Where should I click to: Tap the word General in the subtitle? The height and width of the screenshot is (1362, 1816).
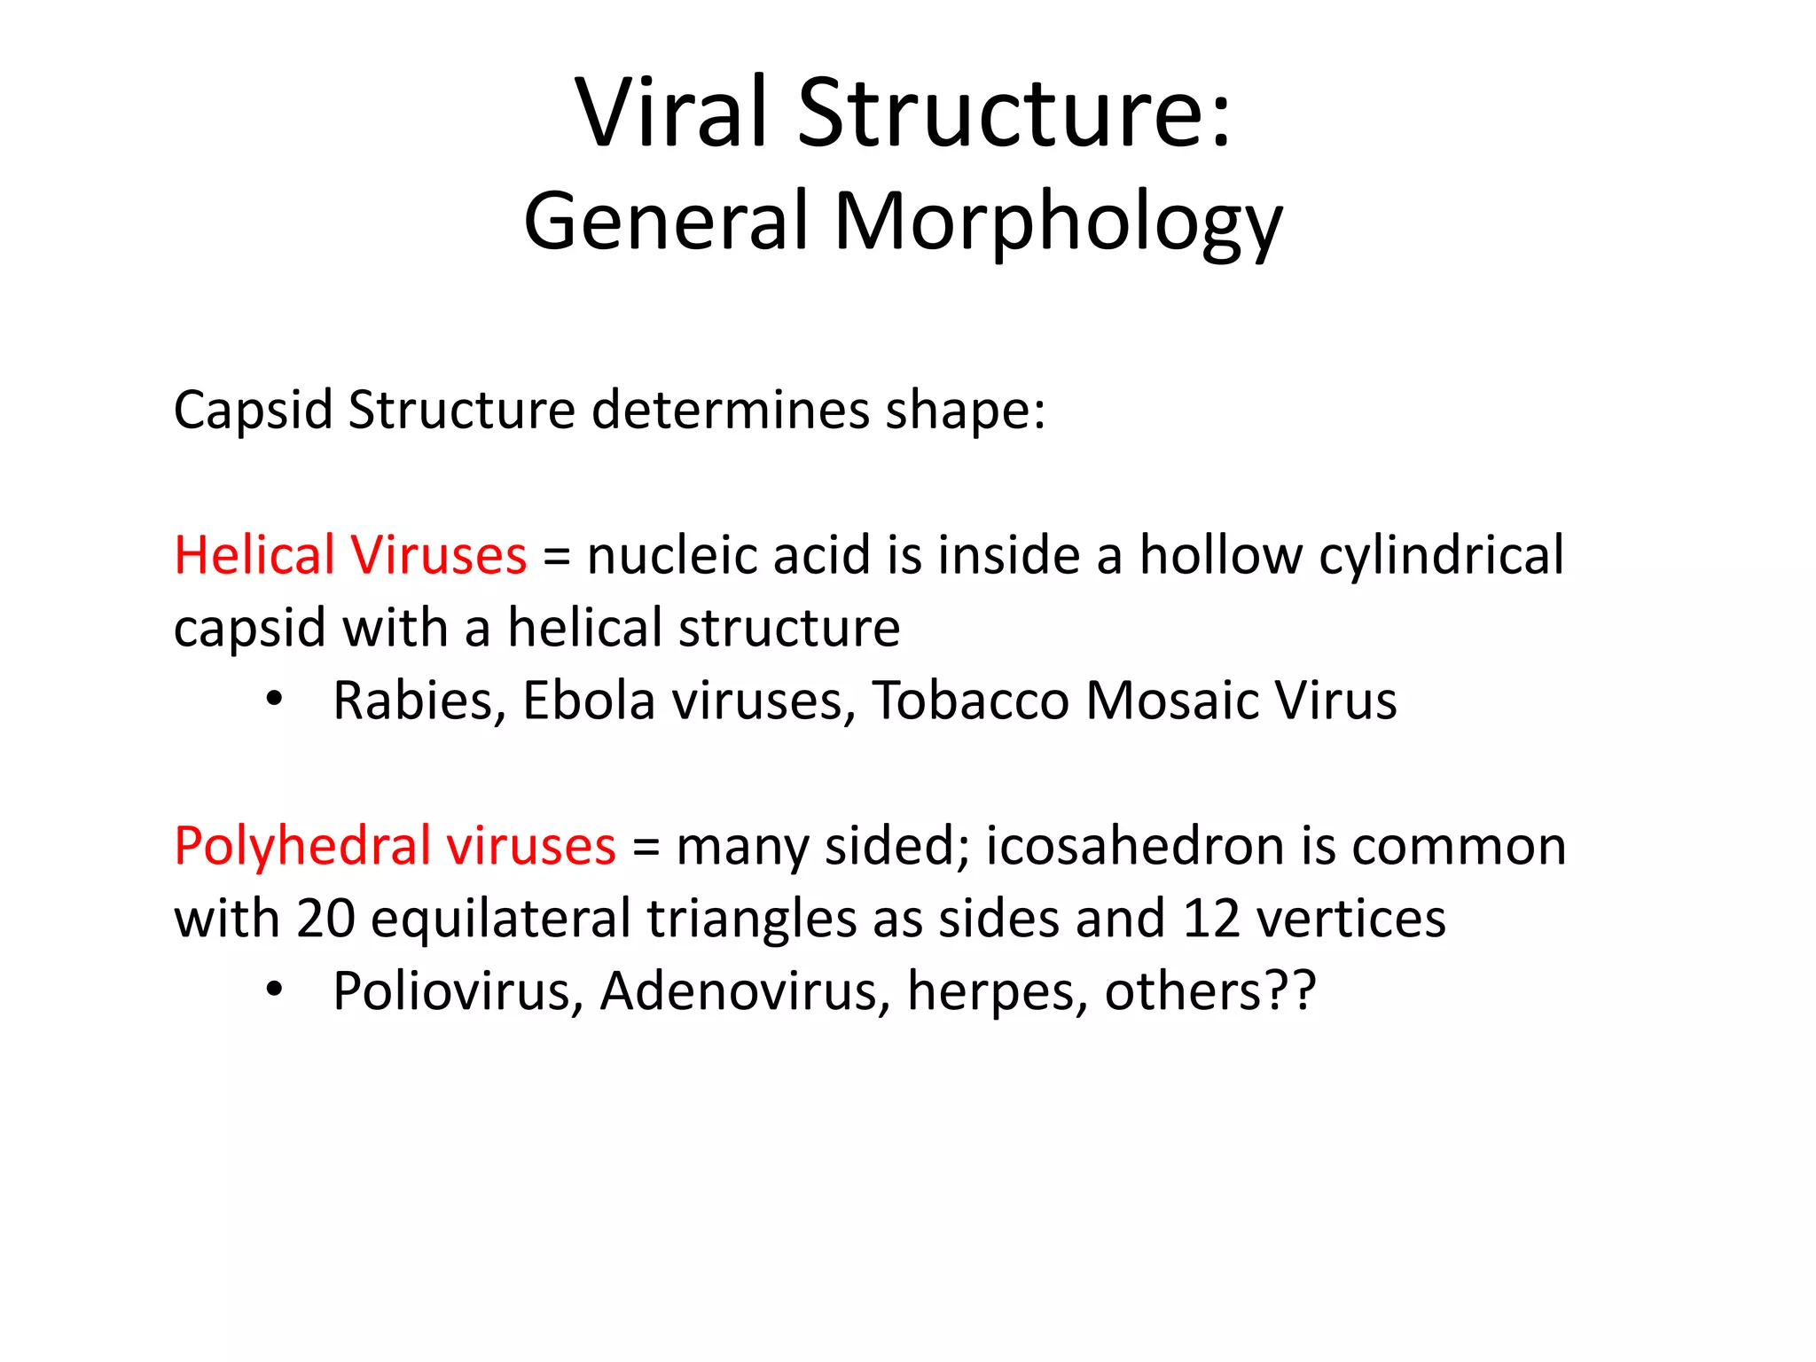click(666, 222)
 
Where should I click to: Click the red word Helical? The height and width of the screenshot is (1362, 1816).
click(253, 556)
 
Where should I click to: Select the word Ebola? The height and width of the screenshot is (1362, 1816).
click(589, 701)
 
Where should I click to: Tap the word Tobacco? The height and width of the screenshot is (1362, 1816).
click(970, 701)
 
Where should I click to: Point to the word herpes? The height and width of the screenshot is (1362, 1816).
click(997, 993)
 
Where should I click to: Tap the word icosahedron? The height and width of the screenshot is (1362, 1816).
click(1134, 846)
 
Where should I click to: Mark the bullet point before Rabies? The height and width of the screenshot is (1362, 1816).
click(274, 700)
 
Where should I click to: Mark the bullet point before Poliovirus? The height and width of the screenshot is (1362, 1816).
click(274, 990)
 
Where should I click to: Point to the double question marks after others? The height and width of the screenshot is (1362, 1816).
click(1291, 991)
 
